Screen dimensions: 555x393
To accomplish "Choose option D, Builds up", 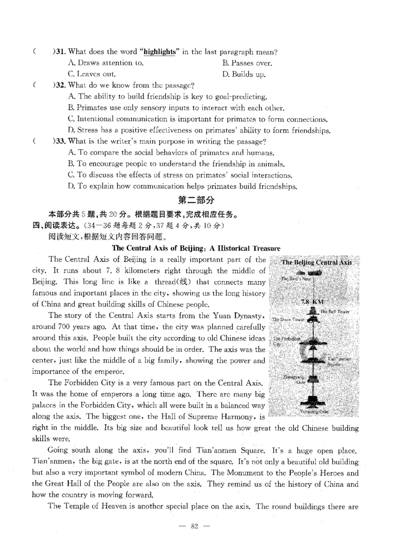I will (244, 75).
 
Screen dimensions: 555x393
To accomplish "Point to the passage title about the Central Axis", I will (196, 248).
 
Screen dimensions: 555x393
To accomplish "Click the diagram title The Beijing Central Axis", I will (317, 263).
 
